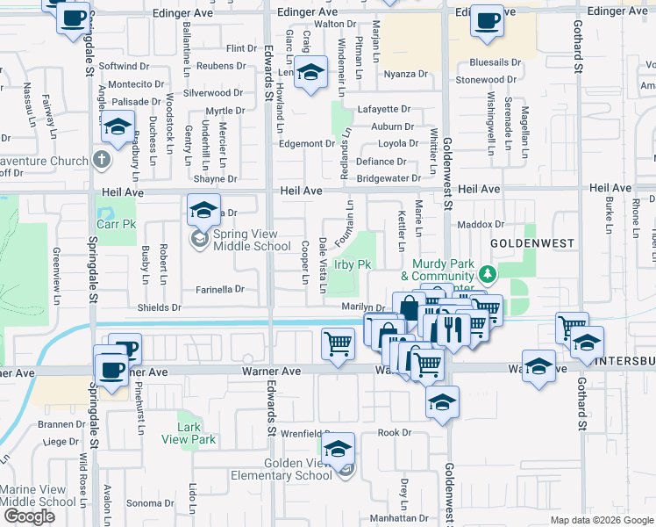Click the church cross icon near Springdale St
point(102,160)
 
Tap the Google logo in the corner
point(29,516)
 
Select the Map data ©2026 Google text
point(601,520)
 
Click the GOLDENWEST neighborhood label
point(531,242)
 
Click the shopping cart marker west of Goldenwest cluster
point(338,343)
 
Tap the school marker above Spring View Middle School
point(203,211)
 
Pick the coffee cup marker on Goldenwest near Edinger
point(487,21)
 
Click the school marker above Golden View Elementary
point(338,450)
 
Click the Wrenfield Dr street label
point(302,433)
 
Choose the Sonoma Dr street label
point(147,503)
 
